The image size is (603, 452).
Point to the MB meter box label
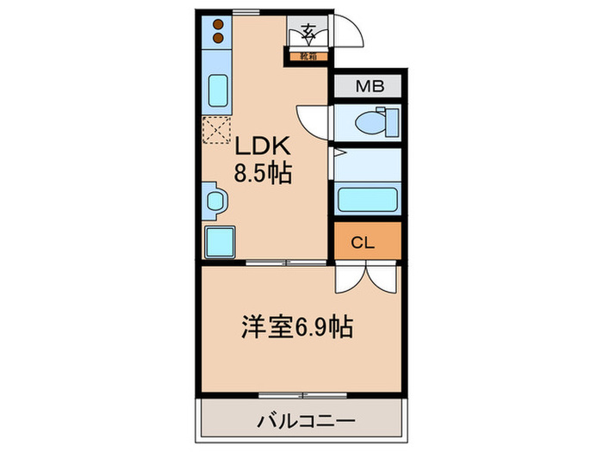(x=368, y=87)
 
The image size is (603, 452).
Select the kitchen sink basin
(x=218, y=90)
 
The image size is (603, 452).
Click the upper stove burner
(x=218, y=25)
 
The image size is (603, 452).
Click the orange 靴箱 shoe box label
(x=308, y=57)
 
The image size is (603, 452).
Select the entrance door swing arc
(x=350, y=33)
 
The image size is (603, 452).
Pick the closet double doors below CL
(x=366, y=277)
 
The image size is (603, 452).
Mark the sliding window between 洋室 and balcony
(x=302, y=395)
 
